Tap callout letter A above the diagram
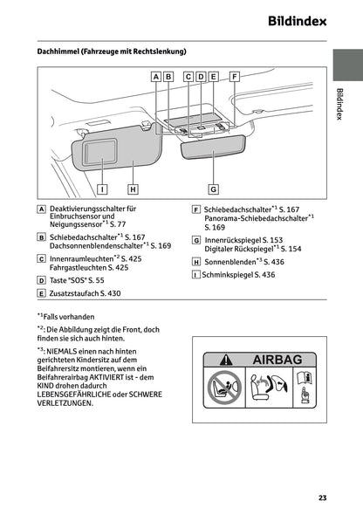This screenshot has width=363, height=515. pyautogui.click(x=156, y=77)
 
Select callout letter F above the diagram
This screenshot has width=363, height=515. pyautogui.click(x=233, y=77)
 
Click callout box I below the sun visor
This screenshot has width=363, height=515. pyautogui.click(x=102, y=188)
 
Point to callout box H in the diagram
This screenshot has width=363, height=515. pyautogui.click(x=133, y=188)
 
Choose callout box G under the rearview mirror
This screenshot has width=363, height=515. pyautogui.click(x=213, y=188)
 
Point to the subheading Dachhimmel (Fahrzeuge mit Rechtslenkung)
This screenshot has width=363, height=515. pyautogui.click(x=111, y=52)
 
